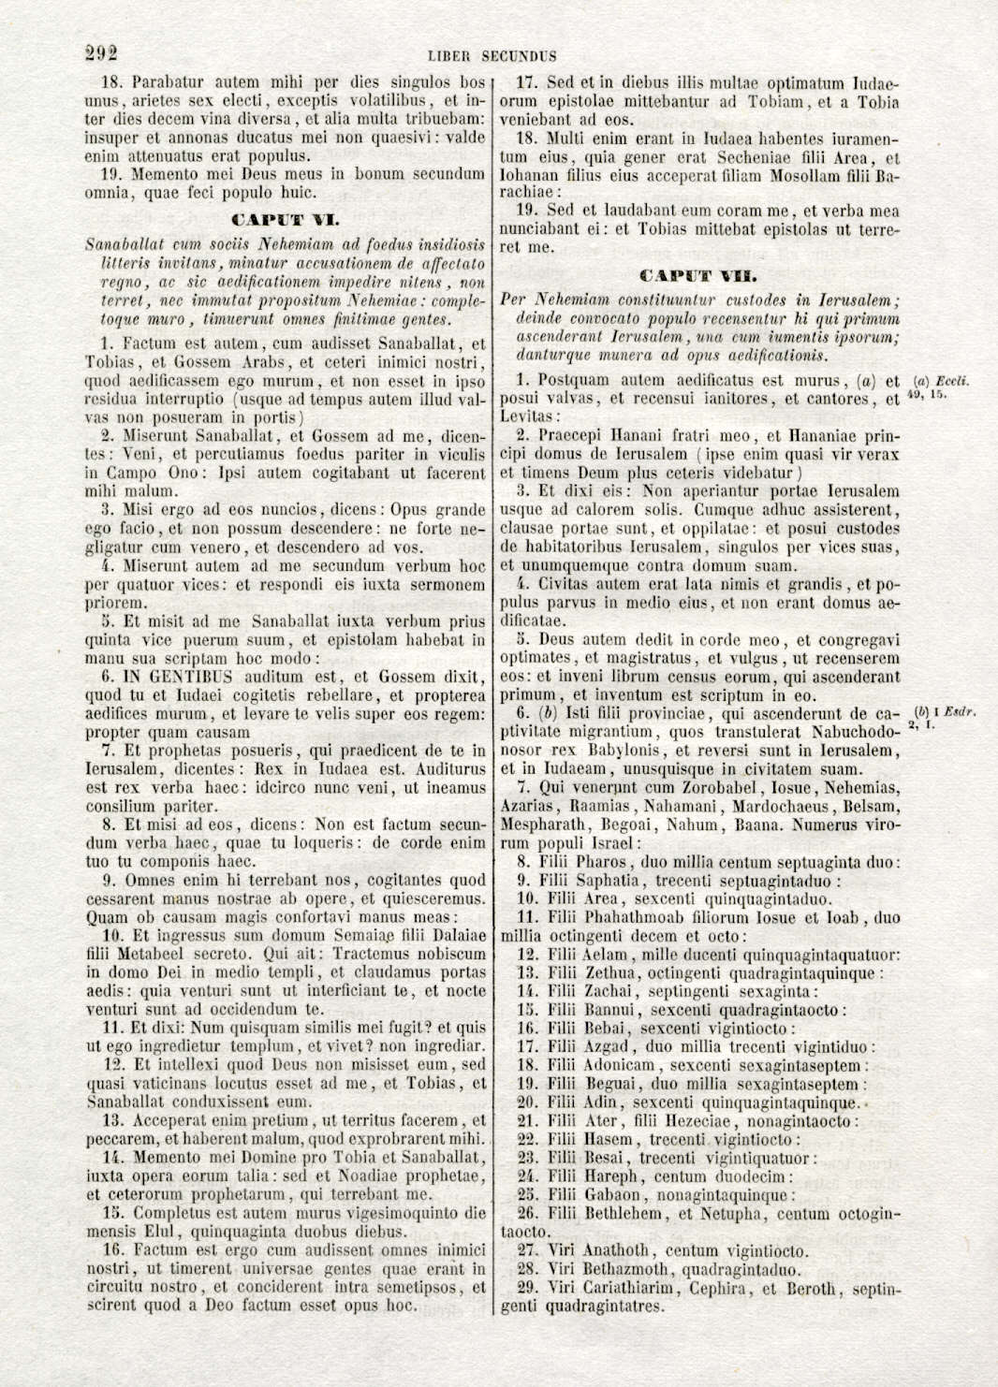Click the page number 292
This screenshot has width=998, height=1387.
click(101, 53)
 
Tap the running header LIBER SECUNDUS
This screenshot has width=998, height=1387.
click(492, 56)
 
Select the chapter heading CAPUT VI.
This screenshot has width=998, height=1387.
click(286, 221)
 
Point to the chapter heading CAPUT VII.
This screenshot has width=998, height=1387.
click(698, 276)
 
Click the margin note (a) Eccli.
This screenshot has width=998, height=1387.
click(940, 381)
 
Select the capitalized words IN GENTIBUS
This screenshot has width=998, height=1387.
click(171, 677)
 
